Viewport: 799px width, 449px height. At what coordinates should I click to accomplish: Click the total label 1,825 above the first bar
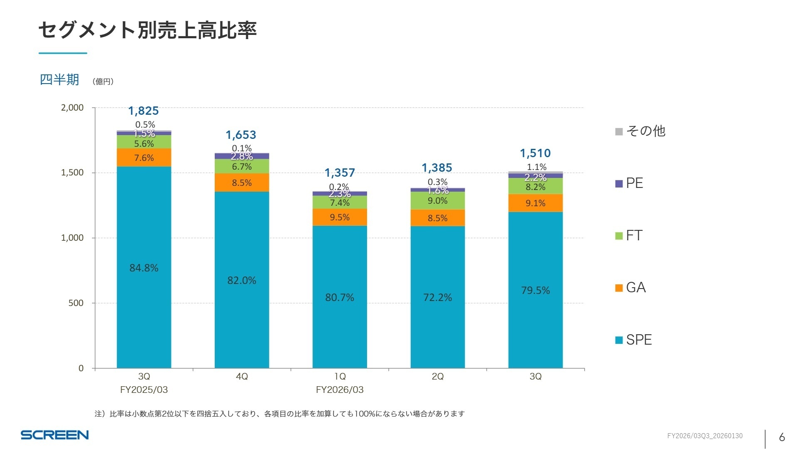[x=144, y=111]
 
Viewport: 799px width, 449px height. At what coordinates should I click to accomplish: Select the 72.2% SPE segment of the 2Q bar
[x=437, y=297]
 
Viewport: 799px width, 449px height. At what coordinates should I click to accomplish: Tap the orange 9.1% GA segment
[x=535, y=203]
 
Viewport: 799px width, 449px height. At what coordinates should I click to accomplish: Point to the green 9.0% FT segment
[x=437, y=201]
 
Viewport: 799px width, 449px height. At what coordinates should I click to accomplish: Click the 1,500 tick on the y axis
[x=72, y=173]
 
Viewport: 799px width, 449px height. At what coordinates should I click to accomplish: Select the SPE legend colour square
[x=619, y=340]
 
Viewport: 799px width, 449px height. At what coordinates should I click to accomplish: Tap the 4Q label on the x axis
[x=242, y=376]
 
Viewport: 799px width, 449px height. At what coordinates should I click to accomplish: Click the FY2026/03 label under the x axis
[x=340, y=390]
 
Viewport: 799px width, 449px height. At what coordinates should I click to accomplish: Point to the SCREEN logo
[x=55, y=435]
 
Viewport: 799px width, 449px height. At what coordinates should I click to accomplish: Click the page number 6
[x=782, y=437]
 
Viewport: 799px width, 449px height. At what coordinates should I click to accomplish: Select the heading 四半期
[x=59, y=79]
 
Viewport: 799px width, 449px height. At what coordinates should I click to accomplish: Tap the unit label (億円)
[x=103, y=81]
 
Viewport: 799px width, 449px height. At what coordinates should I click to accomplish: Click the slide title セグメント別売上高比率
[x=147, y=30]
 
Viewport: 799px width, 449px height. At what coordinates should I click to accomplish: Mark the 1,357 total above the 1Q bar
[x=340, y=173]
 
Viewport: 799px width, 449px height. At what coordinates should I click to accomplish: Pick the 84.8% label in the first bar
[x=144, y=268]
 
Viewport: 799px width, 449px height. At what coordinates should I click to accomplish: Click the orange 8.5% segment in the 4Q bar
[x=242, y=183]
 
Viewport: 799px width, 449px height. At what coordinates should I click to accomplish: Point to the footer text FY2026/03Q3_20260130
[x=705, y=436]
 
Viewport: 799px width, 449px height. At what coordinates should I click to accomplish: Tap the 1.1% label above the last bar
[x=536, y=167]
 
